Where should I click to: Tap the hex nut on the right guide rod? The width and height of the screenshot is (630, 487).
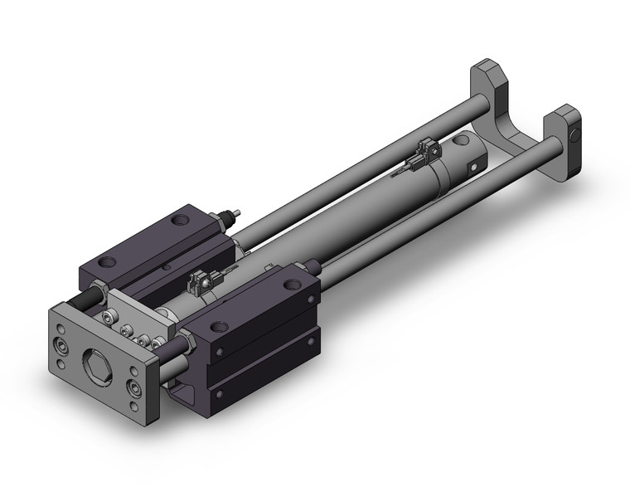coord(187,343)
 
